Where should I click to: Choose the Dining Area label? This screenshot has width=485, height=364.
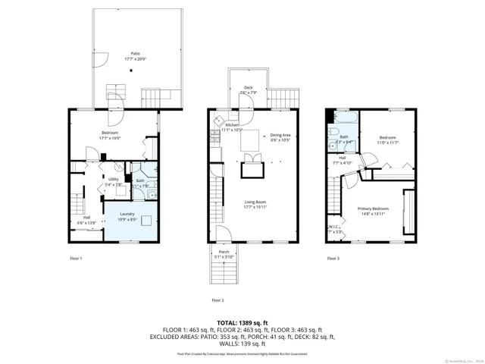click(280, 137)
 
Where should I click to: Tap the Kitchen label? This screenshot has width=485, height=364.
click(231, 127)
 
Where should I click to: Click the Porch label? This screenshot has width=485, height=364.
click(224, 254)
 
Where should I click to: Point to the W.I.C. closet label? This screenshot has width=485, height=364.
click(334, 227)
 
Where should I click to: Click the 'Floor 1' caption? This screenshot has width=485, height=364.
click(75, 259)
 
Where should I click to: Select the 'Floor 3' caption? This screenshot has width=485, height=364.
click(333, 259)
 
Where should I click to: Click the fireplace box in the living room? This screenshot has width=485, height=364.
click(251, 170)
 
